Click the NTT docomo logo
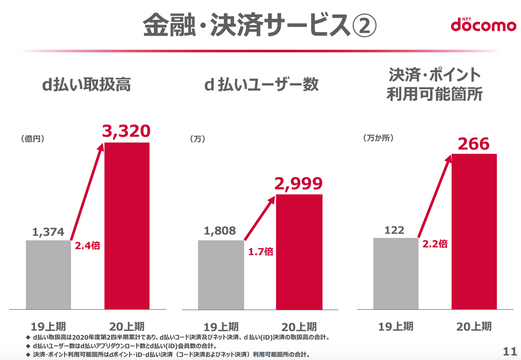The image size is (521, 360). click(483, 25)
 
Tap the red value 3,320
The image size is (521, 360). click(126, 131)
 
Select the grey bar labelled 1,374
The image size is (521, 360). click(48, 275)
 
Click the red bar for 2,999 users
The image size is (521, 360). click(299, 252)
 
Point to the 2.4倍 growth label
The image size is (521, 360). click(88, 246)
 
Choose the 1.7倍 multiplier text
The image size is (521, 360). click(261, 252)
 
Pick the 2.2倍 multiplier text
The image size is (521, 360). click(435, 244)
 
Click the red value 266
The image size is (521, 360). click(474, 144)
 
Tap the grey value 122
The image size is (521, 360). click(394, 230)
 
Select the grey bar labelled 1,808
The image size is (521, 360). click(221, 275)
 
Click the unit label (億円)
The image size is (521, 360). click(33, 139)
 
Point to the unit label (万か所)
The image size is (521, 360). click(379, 138)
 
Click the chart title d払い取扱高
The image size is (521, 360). click(86, 84)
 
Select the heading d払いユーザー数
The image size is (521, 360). click(261, 84)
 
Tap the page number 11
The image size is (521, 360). click(510, 351)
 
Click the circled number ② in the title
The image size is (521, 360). click(364, 25)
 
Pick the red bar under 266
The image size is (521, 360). click(474, 231)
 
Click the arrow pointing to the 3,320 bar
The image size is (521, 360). click(87, 192)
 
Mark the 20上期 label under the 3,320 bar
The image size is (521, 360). click(127, 327)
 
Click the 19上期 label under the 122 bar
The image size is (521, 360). click(396, 326)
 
